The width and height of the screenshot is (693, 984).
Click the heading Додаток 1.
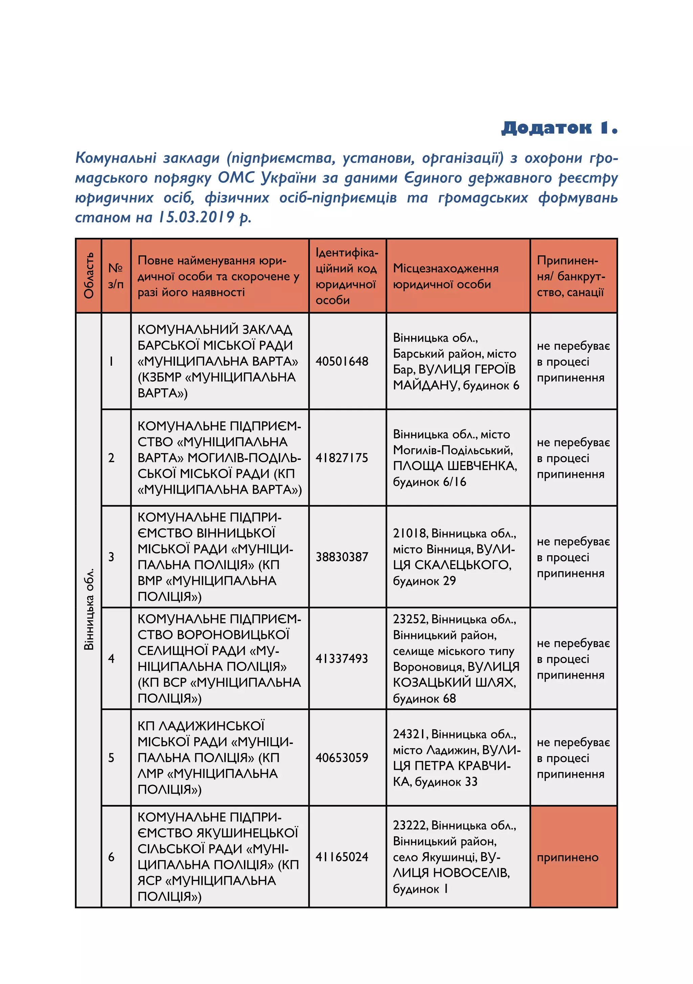click(559, 127)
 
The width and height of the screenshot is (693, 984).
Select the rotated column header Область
click(89, 276)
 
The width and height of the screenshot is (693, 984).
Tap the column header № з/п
click(116, 276)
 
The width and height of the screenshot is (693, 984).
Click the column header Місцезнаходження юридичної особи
click(445, 276)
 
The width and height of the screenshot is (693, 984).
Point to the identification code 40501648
click(342, 361)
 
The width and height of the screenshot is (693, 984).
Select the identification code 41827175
click(342, 458)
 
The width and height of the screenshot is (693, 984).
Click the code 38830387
click(342, 557)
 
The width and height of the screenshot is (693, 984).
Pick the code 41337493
click(342, 658)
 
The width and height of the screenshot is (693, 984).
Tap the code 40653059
click(342, 757)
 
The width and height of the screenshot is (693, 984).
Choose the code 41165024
click(342, 856)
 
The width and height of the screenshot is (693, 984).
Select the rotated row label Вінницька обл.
click(89, 608)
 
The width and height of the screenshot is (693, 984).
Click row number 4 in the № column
click(111, 658)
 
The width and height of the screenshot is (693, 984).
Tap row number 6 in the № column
click(111, 856)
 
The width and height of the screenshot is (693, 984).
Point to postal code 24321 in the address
click(410, 734)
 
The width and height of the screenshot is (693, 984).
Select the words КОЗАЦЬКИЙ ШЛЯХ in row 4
click(454, 682)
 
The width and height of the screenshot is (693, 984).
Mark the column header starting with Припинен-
click(571, 276)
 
